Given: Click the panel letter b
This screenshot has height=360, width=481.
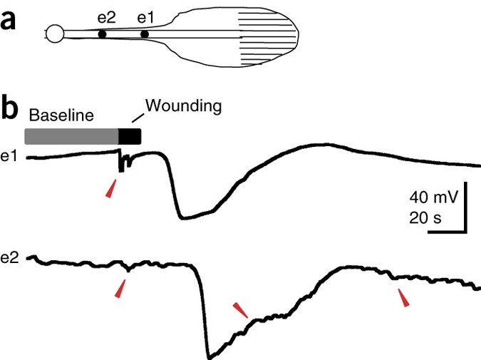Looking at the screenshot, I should [x=11, y=108].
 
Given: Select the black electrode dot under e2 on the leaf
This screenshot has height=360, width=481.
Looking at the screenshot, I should [x=102, y=34].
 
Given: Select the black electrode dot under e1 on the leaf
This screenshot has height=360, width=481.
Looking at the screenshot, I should [x=145, y=34].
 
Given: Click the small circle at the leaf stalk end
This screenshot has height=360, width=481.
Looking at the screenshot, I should [x=54, y=33].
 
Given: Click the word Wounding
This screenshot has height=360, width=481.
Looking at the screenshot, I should [x=185, y=106].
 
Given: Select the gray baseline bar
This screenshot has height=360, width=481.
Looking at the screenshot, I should [x=71, y=136].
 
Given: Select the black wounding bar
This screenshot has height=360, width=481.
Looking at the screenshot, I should [x=130, y=136].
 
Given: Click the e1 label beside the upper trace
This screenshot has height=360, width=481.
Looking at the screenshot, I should [x=11, y=157].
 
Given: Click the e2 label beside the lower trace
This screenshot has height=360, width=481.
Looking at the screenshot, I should [x=11, y=258].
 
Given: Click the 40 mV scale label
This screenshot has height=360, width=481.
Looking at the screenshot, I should [x=434, y=197].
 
